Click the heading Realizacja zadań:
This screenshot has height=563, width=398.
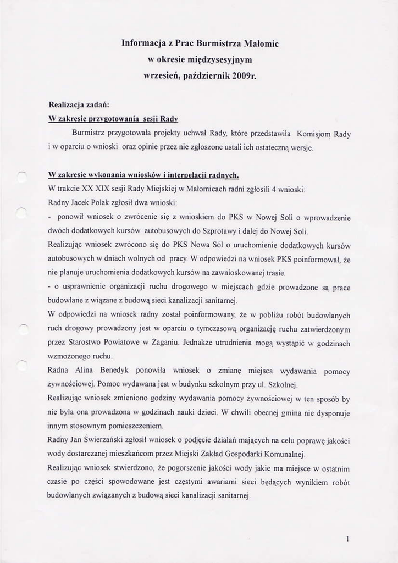coord(79,103)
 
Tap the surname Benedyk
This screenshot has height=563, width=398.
coord(127,371)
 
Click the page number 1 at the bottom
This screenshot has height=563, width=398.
coord(348,539)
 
